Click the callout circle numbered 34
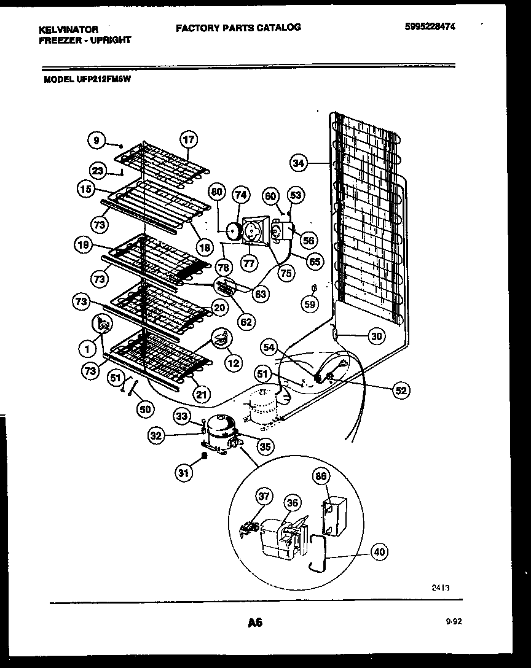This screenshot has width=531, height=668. (299, 163)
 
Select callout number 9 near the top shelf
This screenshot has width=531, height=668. (96, 140)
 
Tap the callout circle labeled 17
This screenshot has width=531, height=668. (189, 139)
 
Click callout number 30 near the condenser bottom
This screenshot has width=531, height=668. (377, 335)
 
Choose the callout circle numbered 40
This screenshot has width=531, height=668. (379, 553)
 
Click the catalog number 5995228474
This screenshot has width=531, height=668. (433, 26)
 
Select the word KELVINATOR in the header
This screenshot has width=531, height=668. (69, 29)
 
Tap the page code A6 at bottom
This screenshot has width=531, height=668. (255, 623)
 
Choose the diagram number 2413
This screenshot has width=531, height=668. (440, 588)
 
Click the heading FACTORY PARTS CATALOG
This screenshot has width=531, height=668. (238, 27)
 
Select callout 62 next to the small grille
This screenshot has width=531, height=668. (247, 320)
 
